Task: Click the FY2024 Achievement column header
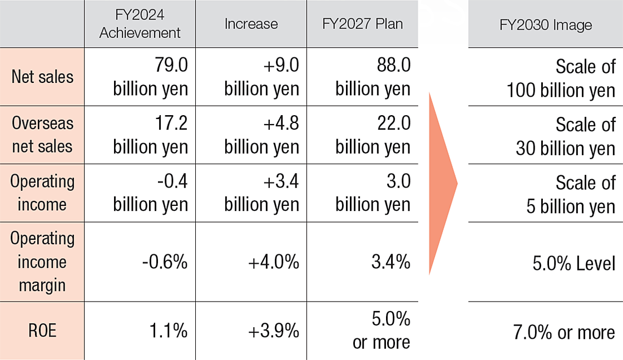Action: pos(140,24)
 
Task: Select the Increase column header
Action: pos(251,24)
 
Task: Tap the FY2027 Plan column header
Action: pos(362,24)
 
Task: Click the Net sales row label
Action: pos(42,77)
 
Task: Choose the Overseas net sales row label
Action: pos(42,135)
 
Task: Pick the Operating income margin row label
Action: pos(42,262)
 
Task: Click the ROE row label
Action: pos(42,332)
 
